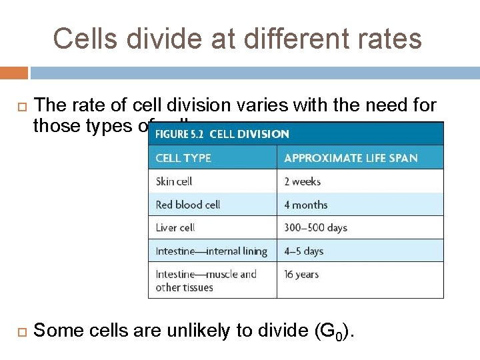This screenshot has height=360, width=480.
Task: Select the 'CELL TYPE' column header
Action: [183, 158]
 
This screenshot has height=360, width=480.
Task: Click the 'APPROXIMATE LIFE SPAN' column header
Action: [351, 158]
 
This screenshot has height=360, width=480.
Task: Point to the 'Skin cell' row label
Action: [174, 181]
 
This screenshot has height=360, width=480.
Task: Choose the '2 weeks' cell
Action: [302, 181]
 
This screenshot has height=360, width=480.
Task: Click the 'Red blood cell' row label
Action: [188, 205]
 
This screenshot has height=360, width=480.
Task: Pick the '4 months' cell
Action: [306, 205]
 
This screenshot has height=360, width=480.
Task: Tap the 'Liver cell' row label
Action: [175, 227]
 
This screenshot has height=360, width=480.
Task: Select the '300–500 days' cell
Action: [315, 227]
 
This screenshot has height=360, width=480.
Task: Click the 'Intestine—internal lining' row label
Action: [211, 251]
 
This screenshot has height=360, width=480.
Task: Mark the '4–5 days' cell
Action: [303, 251]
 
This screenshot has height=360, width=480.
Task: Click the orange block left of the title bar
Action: [14, 72]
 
